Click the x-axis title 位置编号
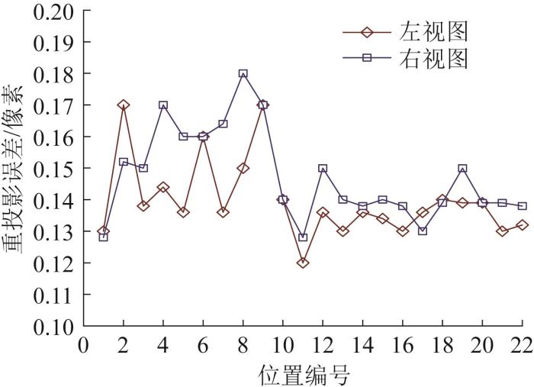304,373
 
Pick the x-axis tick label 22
522,346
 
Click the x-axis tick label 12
323,346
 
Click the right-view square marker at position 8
243,74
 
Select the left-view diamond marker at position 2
124,105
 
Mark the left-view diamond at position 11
303,263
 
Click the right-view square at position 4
163,105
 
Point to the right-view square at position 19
462,168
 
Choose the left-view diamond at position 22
522,224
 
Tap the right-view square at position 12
323,168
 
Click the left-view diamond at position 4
163,187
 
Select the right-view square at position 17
423,231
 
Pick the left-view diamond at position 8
243,168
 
